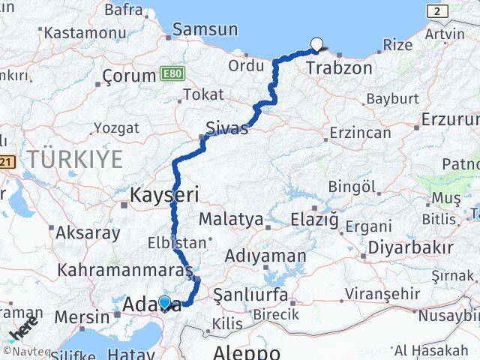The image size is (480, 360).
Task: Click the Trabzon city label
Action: tap(339, 68)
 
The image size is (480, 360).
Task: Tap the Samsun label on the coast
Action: tap(205, 30)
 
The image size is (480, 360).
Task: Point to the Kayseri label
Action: tap(164, 196)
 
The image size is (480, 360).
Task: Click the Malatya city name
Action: tap(231, 220)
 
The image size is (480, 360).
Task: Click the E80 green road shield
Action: tap(170, 74)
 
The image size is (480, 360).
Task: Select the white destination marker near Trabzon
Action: tap(316, 44)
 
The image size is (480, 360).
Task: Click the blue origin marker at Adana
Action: tap(164, 301)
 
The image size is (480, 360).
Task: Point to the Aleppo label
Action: tap(247, 352)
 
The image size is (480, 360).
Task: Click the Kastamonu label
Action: tap(85, 33)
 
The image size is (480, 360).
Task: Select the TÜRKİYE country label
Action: tap(75, 158)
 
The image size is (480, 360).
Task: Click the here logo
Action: tap(22, 328)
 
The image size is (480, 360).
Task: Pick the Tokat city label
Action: tap(203, 94)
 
